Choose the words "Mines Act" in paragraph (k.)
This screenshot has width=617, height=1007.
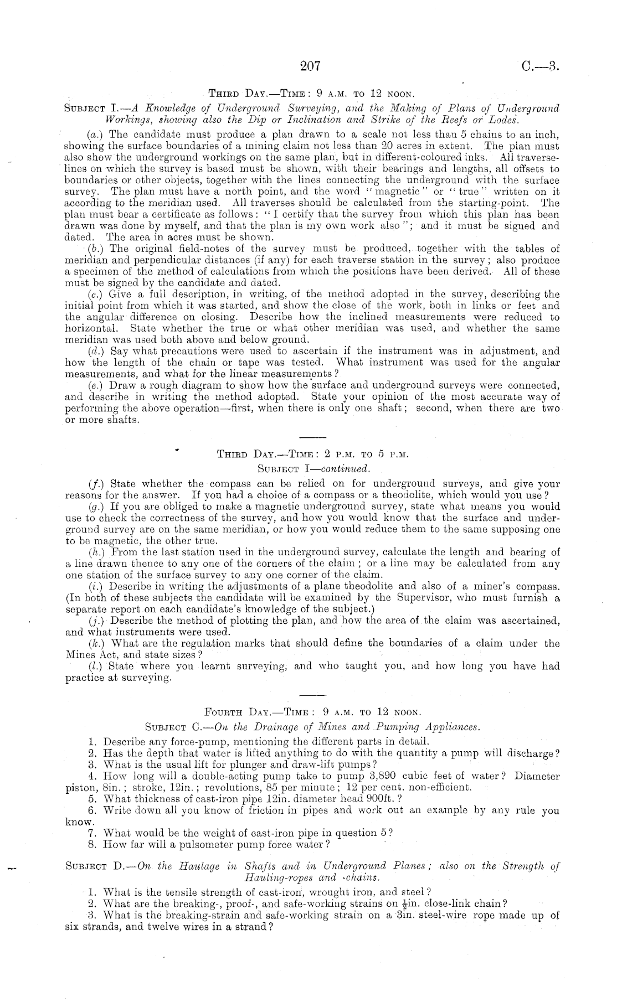click(90, 654)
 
